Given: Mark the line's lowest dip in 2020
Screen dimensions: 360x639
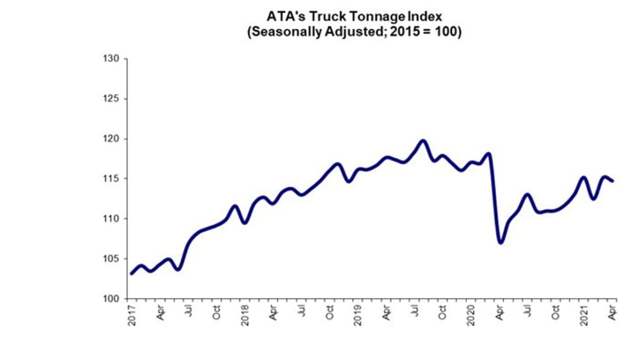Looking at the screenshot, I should coord(500,242).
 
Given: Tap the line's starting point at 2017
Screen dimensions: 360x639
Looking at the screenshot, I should coord(131,274).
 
